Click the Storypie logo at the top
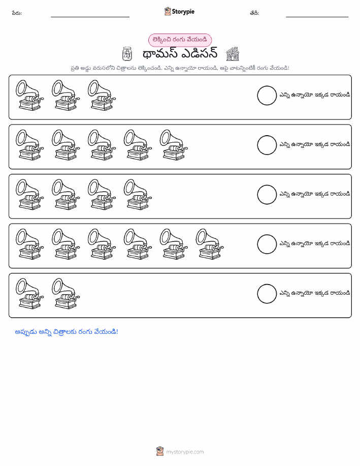179,12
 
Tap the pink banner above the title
180,40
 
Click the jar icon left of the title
127,54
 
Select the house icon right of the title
232,54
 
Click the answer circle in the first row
267,96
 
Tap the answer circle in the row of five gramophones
267,145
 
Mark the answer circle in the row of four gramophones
267,195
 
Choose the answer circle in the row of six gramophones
267,244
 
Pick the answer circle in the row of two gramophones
267,294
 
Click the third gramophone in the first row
102,96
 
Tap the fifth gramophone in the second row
174,145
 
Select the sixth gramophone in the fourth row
209,244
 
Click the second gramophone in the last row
66,294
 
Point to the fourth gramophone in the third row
138,195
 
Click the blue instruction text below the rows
67,332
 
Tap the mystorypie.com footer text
185,452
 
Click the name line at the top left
90,17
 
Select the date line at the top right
317,17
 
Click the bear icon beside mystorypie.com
160,451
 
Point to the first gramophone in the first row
29,96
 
